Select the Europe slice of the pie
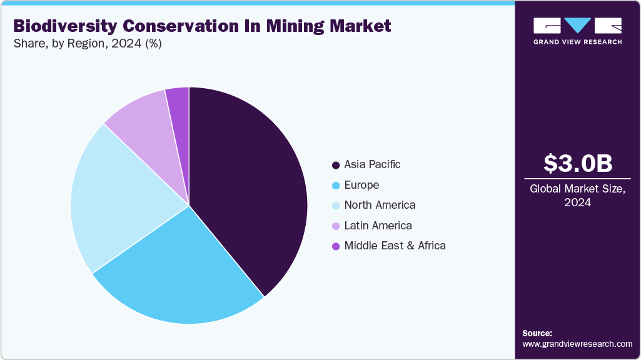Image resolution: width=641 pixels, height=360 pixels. [x=181, y=275]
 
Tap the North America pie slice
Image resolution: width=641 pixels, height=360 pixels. [x=119, y=200]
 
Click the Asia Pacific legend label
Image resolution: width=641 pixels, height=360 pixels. [x=372, y=164]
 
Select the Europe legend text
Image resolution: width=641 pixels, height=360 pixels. [x=361, y=185]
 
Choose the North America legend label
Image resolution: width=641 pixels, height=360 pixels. [x=380, y=205]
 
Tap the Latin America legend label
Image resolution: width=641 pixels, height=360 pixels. [x=378, y=226]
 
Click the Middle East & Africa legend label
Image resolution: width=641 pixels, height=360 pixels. [x=395, y=246]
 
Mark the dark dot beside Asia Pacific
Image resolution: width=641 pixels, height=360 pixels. [x=336, y=165]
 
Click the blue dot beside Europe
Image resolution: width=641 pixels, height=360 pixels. [x=336, y=186]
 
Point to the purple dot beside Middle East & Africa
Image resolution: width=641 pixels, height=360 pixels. [x=336, y=246]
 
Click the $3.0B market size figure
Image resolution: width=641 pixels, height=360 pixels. [x=577, y=163]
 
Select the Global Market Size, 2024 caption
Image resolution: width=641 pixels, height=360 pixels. [x=577, y=196]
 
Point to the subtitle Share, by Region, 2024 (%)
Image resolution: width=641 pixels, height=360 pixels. [x=88, y=44]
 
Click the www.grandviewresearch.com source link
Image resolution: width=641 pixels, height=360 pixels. [x=577, y=344]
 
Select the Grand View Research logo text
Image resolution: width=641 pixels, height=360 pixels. [x=577, y=42]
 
